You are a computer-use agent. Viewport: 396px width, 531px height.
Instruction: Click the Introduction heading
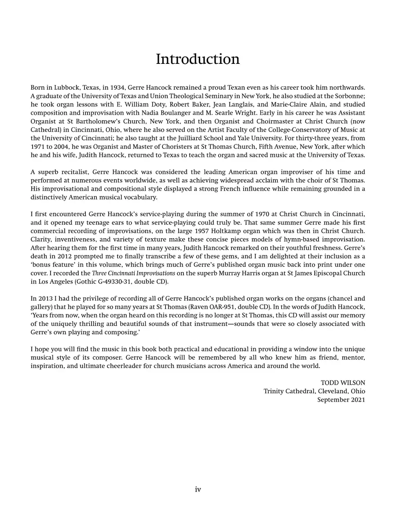pyautogui.click(x=198, y=59)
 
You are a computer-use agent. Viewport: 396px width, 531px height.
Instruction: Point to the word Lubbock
pyautogui.click(x=62, y=88)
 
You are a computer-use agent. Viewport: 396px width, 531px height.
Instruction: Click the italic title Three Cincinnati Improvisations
pyautogui.click(x=133, y=273)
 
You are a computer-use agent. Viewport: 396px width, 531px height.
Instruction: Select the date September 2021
pyautogui.click(x=341, y=399)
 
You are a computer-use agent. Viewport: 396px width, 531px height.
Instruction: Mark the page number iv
pyautogui.click(x=198, y=489)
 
